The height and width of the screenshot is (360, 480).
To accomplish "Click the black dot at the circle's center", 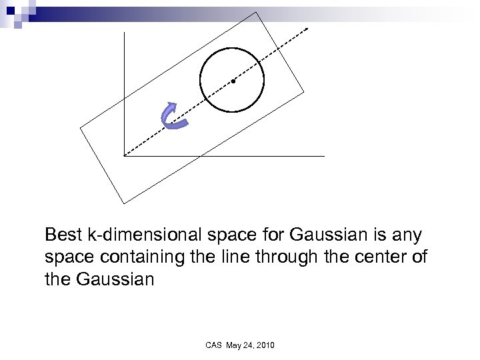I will [233, 81].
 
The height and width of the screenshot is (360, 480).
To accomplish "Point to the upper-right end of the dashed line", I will [308, 29].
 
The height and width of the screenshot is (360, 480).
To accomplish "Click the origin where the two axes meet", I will [124, 156].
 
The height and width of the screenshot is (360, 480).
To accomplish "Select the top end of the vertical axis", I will [124, 33].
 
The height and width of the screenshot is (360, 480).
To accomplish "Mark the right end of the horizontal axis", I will [325, 156].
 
